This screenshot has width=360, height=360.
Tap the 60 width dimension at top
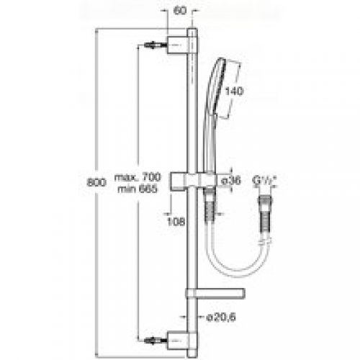[x=179, y=12]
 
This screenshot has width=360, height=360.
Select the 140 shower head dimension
[x=235, y=92]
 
